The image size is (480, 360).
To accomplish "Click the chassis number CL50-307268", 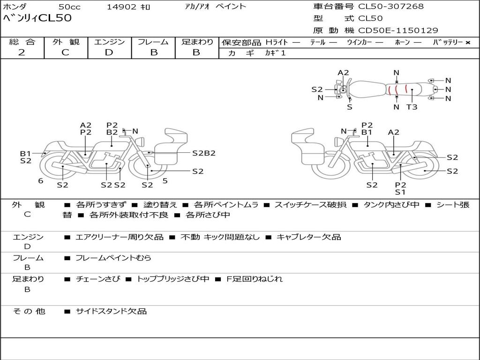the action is [x=391, y=6].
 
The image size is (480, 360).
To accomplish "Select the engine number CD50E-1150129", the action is [x=398, y=30].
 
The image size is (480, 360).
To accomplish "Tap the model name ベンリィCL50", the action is [x=37, y=18].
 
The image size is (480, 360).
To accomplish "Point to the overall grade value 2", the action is [x=22, y=52].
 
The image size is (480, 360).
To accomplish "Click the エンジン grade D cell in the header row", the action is [x=109, y=52].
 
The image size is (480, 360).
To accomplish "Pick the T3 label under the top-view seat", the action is [x=412, y=107].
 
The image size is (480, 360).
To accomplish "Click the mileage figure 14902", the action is [x=121, y=7].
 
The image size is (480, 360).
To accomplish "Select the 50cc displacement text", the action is [x=69, y=7].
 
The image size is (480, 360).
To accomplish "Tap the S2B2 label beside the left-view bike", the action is [x=204, y=153].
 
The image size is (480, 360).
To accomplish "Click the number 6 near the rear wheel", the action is [x=41, y=181].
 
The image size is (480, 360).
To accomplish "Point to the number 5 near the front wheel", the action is [x=165, y=181].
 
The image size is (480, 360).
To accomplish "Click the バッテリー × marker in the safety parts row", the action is [x=451, y=42].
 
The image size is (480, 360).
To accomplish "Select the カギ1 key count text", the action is [x=275, y=53].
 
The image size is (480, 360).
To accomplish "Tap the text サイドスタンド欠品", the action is [x=112, y=311].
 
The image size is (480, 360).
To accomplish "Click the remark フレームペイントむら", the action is [x=113, y=258].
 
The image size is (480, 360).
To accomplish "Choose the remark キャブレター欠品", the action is [x=308, y=237].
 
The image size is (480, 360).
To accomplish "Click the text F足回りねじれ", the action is [x=255, y=279].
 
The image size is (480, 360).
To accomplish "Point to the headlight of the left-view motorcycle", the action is [x=142, y=142].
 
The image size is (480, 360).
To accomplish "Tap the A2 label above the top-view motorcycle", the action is [x=343, y=73].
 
